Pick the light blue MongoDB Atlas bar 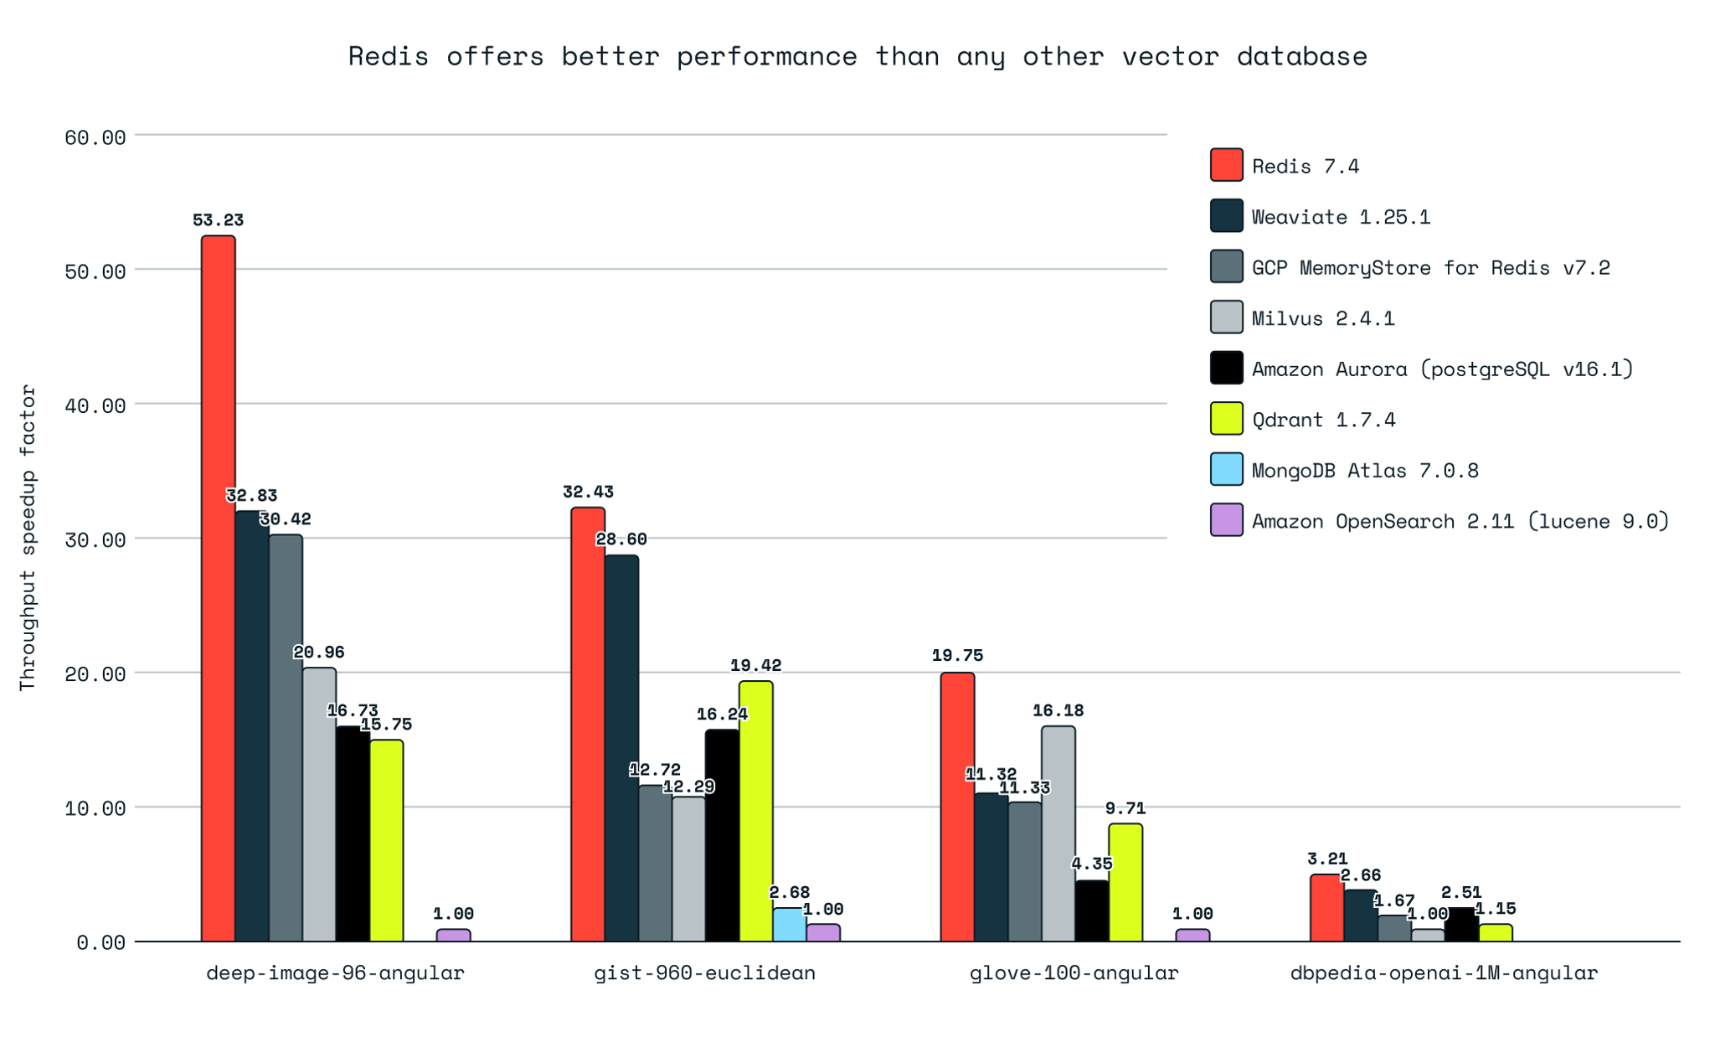click(789, 925)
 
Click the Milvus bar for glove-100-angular click(1058, 833)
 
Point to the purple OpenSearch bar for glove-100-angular click(1192, 935)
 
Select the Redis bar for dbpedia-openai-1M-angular click(1326, 908)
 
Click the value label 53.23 click(218, 220)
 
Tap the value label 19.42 click(755, 666)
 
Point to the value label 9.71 click(1125, 808)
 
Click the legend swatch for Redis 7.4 click(1226, 165)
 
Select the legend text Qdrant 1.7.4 click(1323, 420)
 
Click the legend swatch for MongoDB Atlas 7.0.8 click(1226, 469)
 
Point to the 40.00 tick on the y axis click(95, 405)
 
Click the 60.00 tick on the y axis click(95, 137)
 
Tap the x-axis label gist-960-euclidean click(704, 973)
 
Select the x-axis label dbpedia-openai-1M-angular click(1444, 973)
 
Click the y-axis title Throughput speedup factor click(28, 537)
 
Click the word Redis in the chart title click(388, 56)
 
